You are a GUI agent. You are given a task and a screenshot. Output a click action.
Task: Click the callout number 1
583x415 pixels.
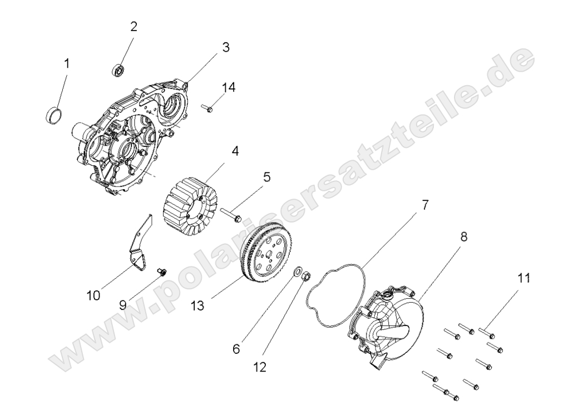tap(67, 64)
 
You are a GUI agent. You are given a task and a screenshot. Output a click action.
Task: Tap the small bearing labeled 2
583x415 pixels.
tap(117, 70)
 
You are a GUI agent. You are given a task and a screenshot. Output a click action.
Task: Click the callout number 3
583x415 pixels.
tap(225, 47)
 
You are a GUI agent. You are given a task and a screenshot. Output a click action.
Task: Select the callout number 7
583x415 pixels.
tap(424, 205)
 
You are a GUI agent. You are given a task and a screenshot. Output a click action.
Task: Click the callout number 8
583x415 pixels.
tap(463, 236)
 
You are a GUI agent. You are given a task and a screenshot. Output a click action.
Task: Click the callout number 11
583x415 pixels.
tap(523, 278)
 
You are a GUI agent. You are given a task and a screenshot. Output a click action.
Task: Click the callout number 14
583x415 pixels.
tap(229, 87)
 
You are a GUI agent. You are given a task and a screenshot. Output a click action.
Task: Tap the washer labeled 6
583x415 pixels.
tap(298, 270)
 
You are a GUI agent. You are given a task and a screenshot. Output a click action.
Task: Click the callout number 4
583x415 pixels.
tap(235, 151)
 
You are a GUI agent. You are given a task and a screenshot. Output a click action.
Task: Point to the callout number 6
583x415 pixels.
tap(236, 349)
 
